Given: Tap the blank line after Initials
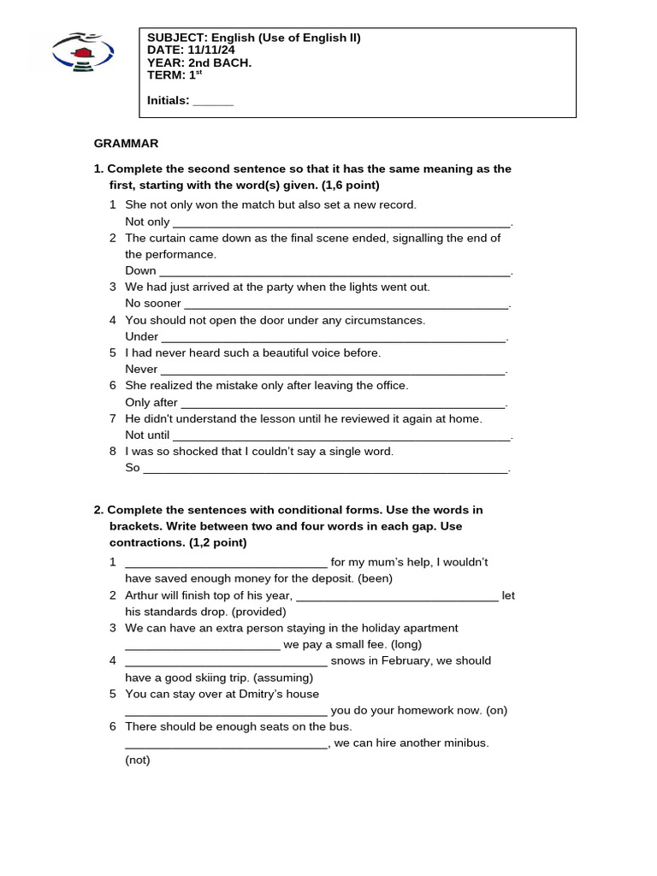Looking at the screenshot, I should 213,102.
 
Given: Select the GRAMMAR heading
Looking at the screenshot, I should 126,144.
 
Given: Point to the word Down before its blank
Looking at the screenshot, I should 140,270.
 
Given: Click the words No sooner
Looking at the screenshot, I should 153,303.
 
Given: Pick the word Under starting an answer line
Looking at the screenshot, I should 142,336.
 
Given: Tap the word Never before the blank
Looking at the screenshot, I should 141,369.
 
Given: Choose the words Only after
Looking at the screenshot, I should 151,402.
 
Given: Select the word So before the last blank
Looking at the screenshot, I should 133,468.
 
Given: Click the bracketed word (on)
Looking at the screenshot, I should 496,710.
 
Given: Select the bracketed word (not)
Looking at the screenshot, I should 137,760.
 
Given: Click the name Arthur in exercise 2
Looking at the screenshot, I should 142,595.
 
